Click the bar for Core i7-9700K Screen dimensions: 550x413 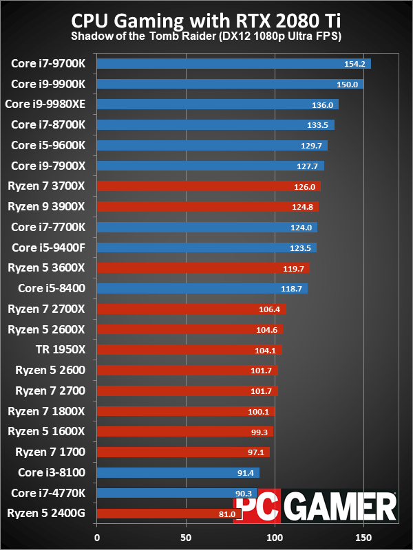[234, 64]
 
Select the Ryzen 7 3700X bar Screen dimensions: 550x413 [209, 186]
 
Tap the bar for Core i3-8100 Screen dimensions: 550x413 [178, 472]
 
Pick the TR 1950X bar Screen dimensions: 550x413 [189, 350]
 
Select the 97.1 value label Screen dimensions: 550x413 [256, 452]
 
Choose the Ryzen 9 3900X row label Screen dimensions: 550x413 [46, 206]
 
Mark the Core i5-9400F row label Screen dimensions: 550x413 [48, 247]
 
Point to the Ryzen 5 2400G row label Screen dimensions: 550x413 [45, 513]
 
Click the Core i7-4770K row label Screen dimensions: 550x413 [48, 493]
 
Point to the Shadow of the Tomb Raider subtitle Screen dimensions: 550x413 [206, 35]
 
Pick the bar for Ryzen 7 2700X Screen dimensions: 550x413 [191, 309]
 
